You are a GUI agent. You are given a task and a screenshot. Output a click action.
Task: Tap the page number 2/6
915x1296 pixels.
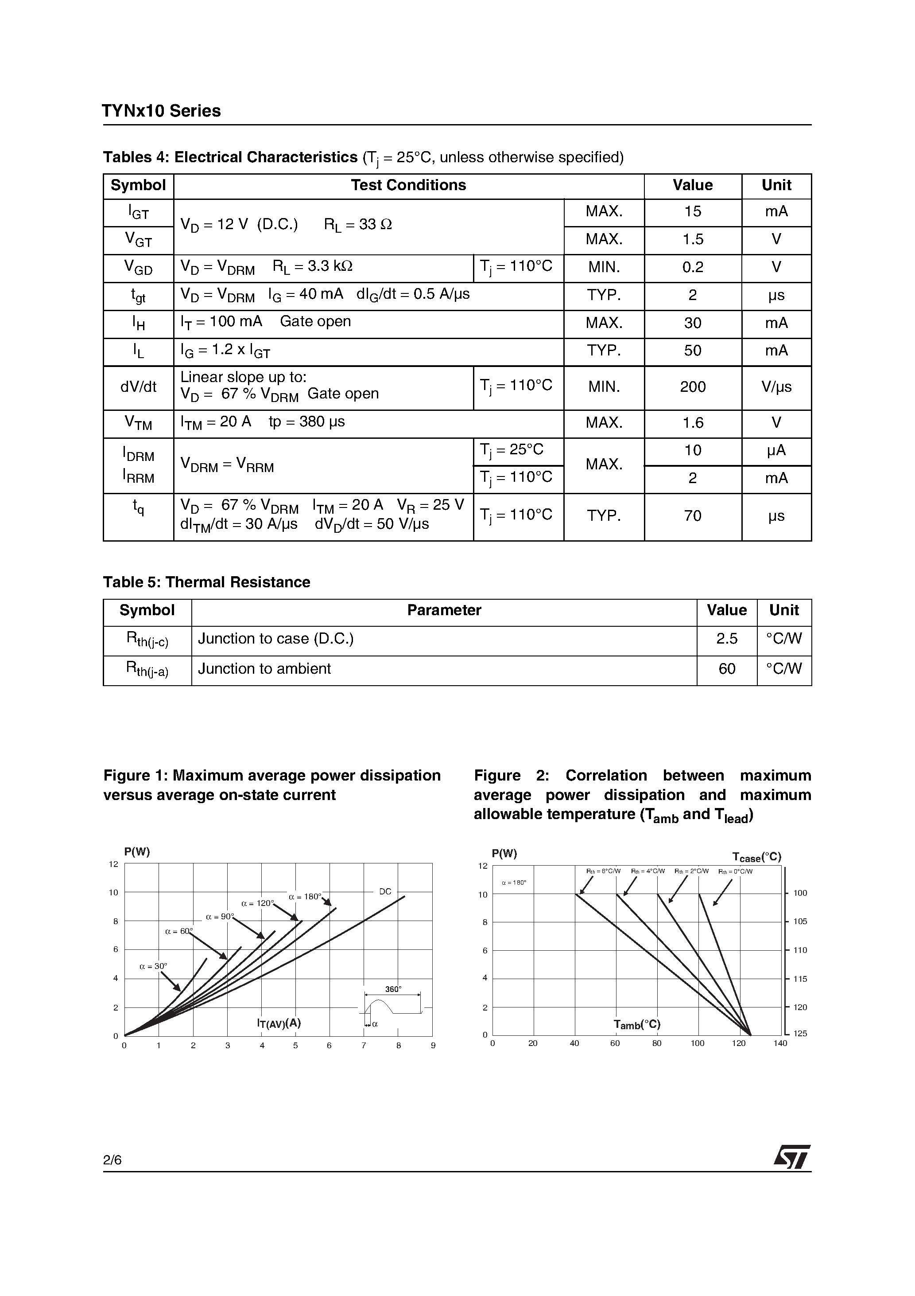point(112,1160)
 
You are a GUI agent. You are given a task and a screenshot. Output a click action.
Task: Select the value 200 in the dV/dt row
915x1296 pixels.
point(692,387)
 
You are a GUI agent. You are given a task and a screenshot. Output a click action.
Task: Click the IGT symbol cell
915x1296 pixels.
point(138,212)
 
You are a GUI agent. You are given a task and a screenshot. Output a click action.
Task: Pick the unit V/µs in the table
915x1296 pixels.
point(776,387)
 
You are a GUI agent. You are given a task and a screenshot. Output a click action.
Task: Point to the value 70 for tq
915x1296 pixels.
point(692,516)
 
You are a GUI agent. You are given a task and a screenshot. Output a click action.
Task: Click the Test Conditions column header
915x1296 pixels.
point(408,186)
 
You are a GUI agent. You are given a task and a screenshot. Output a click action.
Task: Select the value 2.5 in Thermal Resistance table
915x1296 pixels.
point(727,639)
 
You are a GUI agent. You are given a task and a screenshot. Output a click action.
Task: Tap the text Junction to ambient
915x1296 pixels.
point(264,669)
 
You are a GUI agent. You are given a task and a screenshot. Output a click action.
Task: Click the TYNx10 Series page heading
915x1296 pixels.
point(161,111)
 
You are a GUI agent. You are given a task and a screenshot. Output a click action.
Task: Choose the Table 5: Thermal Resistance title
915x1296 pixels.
point(206,582)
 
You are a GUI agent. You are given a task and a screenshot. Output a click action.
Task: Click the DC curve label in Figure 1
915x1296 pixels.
point(385,892)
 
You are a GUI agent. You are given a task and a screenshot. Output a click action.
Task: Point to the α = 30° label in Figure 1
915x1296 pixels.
point(153,966)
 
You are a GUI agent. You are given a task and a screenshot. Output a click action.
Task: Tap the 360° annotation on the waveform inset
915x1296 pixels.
point(393,989)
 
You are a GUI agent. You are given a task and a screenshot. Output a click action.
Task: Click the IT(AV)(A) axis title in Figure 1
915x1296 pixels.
point(279,1023)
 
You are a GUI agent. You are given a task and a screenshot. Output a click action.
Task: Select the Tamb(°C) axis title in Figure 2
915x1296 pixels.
point(637,1024)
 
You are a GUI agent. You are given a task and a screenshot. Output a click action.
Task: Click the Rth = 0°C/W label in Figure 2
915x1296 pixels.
point(736,871)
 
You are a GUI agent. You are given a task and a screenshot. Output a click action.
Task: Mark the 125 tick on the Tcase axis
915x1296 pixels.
point(800,1034)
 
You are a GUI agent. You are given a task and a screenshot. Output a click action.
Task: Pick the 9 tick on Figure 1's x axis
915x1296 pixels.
point(433,1046)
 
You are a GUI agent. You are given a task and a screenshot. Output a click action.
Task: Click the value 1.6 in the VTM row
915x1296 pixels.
point(692,423)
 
